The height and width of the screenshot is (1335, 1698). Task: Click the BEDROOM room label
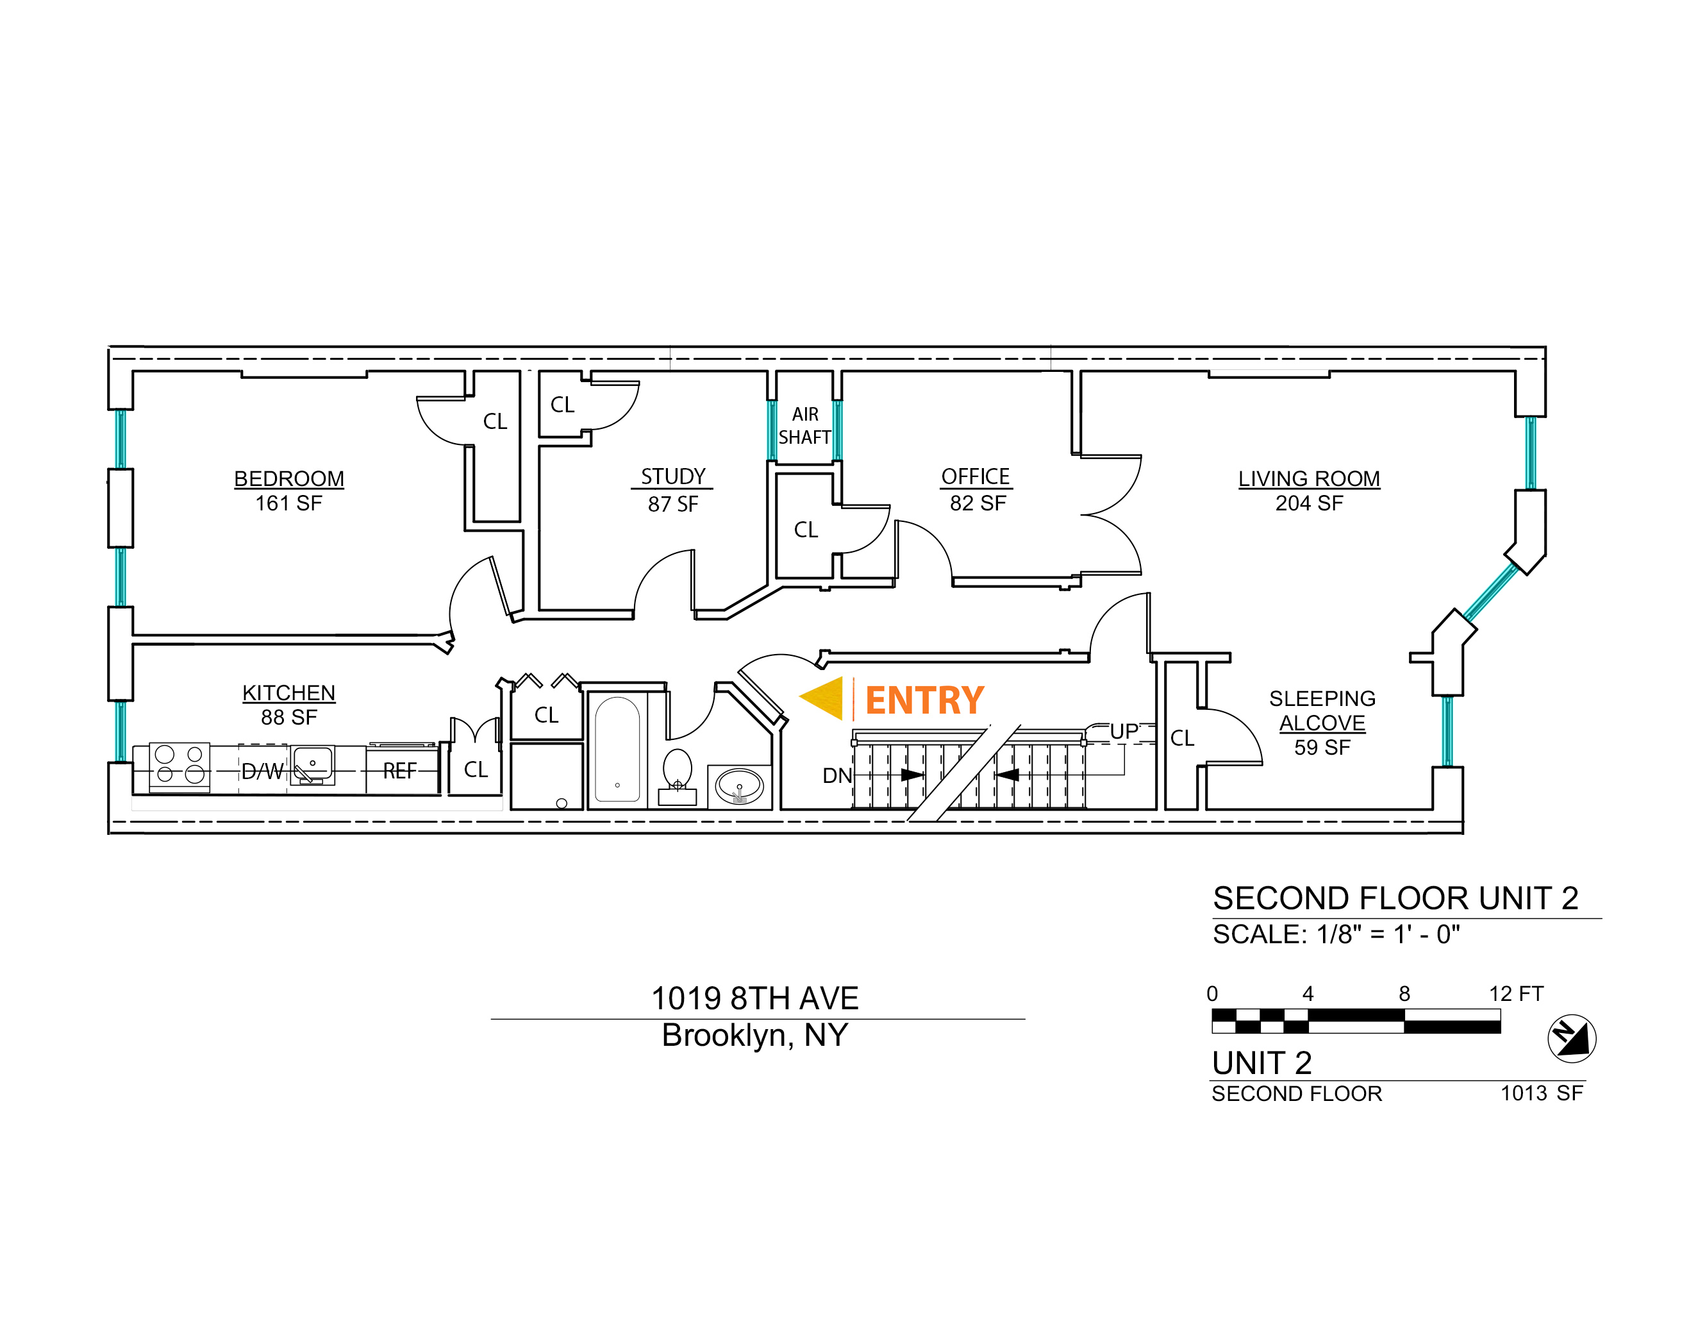coord(288,478)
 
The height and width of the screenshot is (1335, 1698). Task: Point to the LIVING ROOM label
coord(1309,478)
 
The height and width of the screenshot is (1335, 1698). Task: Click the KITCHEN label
coord(288,693)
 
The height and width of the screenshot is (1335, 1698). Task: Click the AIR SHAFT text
coord(805,425)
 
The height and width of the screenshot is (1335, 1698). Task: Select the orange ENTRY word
coord(924,700)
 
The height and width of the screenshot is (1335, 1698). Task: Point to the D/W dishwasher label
coord(262,771)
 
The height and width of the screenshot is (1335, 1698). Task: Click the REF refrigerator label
coord(399,771)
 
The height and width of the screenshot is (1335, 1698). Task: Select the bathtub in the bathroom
coord(617,750)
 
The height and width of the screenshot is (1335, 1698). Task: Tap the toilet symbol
coord(678,773)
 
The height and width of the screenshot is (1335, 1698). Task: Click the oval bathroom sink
coord(739,785)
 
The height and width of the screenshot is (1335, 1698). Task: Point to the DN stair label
coord(837,775)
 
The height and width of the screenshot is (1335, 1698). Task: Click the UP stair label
coord(1124,732)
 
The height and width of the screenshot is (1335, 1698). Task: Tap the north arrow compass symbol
coord(1572,1038)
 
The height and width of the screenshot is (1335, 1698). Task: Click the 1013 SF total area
coord(1541,1093)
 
